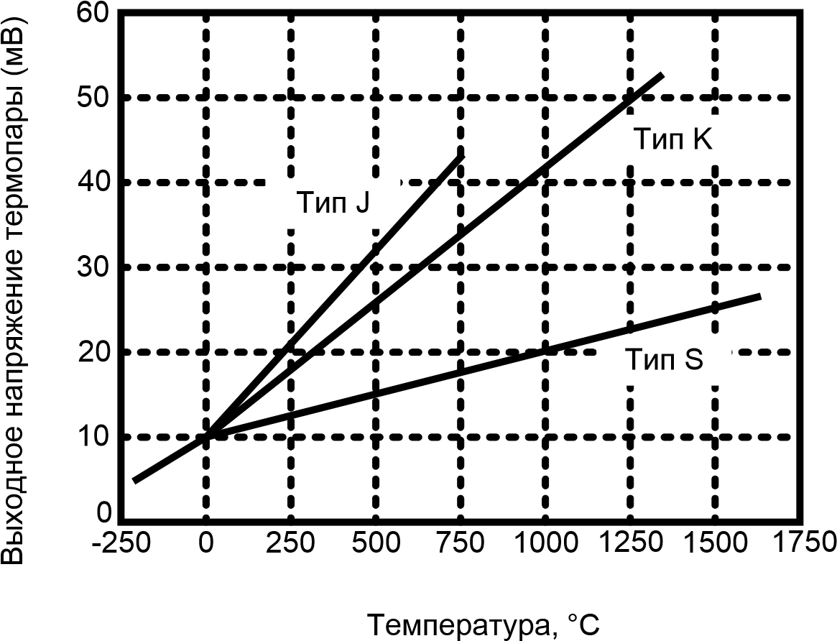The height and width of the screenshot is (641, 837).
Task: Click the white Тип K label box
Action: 672,139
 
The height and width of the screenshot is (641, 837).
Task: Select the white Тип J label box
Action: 333,203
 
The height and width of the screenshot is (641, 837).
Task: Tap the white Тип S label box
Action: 664,360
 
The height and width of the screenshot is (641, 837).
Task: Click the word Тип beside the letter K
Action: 658,139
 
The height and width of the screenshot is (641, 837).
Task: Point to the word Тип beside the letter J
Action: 321,203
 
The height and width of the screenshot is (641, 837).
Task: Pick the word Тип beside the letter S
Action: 649,360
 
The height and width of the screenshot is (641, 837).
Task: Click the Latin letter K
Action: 703,139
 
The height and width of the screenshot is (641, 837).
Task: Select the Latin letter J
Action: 362,203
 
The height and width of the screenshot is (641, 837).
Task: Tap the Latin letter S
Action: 694,360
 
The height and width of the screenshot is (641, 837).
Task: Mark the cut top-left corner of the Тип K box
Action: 609,119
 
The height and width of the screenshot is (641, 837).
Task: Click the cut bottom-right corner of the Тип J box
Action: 396,225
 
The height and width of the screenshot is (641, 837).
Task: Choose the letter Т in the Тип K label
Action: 642,139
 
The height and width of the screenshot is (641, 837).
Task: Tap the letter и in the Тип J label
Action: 321,205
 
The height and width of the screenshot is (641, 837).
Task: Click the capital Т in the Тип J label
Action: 305,203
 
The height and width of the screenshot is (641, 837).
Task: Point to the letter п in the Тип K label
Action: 676,141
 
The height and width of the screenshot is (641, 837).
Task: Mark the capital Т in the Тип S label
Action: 633,360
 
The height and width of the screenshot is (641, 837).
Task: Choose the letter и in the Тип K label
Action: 659,141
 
